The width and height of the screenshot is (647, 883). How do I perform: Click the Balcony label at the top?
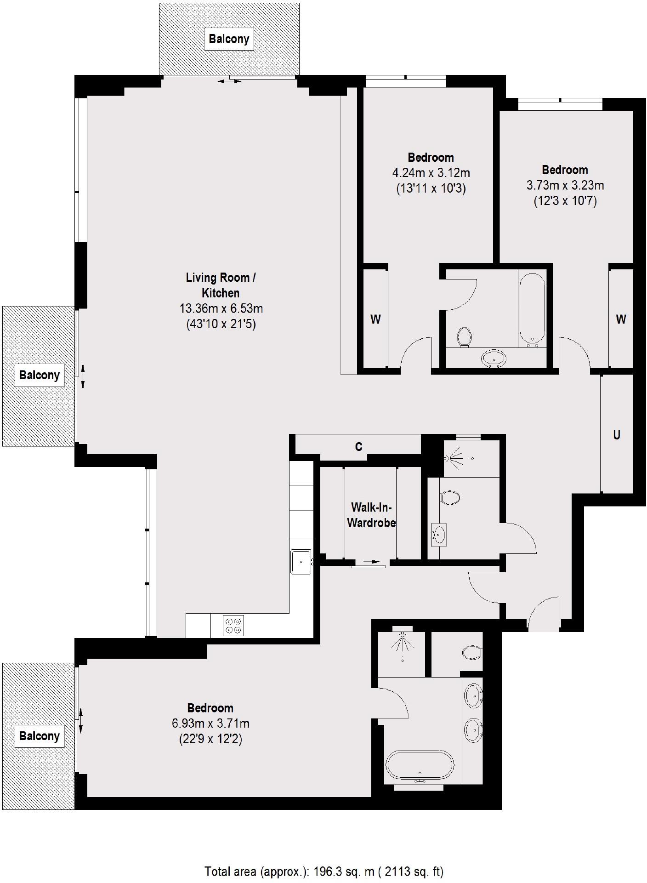[229, 39]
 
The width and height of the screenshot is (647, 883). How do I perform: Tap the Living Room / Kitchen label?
[221, 285]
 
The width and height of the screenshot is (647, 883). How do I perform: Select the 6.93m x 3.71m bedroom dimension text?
[210, 723]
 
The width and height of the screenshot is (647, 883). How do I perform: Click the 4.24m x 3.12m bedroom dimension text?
[431, 173]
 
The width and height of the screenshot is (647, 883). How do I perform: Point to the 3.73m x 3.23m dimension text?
[565, 186]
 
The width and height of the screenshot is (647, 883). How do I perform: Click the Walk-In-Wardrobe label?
[371, 515]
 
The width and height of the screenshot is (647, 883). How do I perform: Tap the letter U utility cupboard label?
[617, 434]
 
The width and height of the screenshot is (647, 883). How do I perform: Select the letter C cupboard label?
[359, 446]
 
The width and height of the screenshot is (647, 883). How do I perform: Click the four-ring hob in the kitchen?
[233, 626]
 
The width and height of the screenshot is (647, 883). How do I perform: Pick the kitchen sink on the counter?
[301, 561]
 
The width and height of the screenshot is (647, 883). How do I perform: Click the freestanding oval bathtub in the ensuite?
[420, 764]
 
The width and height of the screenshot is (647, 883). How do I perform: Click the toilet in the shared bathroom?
[465, 336]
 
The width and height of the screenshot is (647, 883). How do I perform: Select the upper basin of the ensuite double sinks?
[473, 696]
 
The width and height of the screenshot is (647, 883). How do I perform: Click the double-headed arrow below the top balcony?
[229, 81]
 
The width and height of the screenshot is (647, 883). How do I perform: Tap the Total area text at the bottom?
[323, 871]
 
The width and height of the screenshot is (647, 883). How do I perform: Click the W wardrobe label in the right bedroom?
[621, 319]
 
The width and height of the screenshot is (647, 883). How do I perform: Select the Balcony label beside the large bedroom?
[40, 735]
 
